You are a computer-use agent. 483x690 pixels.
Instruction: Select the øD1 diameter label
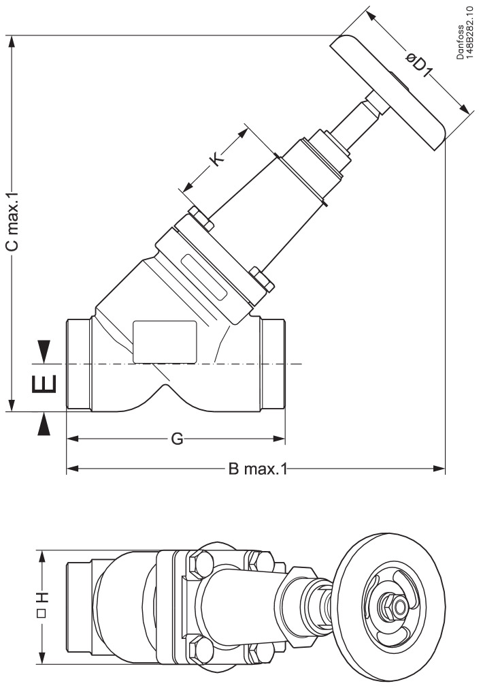[420, 66]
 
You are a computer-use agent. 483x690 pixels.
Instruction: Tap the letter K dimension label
[216, 158]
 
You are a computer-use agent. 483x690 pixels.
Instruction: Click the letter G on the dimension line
[176, 439]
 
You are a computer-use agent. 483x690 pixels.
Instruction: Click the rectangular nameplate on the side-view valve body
[165, 341]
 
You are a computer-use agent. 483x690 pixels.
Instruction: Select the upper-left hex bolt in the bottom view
[198, 564]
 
